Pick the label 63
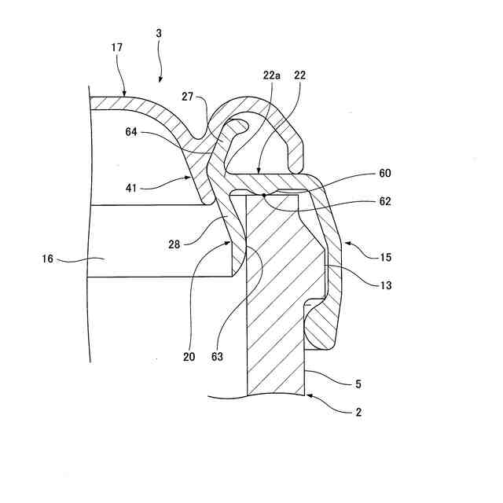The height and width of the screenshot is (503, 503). pos(217,356)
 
